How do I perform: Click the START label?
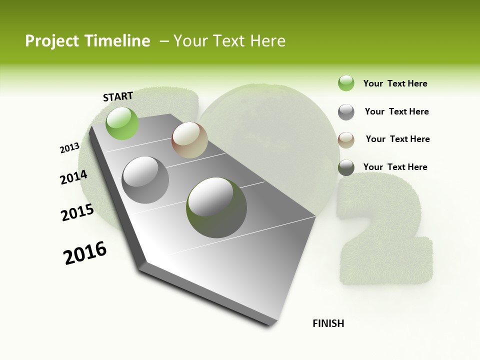[x=118, y=96]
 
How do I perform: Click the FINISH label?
[x=328, y=323]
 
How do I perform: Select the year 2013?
[x=69, y=148]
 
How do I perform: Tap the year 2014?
[x=73, y=177]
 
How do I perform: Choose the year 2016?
[x=85, y=253]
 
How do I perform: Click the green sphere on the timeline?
[x=122, y=123]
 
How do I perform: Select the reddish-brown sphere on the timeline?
[x=189, y=140]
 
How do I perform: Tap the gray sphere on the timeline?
[x=145, y=179]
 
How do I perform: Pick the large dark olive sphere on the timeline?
[x=216, y=207]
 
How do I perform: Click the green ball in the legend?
[x=346, y=83]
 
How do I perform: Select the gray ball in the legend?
[x=346, y=112]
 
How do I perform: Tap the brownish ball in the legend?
[x=346, y=139]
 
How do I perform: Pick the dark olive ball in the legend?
[x=346, y=167]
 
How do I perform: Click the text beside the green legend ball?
[x=395, y=83]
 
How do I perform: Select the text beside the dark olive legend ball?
[x=395, y=167]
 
